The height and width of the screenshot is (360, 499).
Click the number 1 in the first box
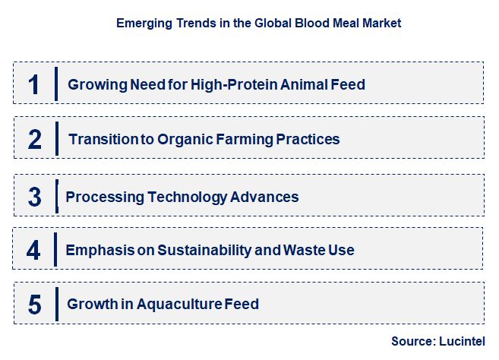point(33,84)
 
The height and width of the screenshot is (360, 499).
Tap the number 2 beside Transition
point(35,140)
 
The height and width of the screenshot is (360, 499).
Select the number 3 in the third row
point(35,197)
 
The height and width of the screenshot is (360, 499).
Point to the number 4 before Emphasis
point(33,250)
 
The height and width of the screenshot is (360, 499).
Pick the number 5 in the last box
point(35,305)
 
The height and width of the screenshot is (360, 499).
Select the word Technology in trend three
point(187,197)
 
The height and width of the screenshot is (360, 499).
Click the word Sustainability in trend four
point(204,250)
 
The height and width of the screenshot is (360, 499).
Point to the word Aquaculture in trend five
point(179,305)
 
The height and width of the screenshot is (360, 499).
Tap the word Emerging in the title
point(144,24)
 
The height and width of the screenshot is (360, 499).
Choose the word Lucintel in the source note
point(462,341)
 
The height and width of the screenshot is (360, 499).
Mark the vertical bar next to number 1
point(56,84)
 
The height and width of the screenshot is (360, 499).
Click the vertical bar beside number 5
point(57,304)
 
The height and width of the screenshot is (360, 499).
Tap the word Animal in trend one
point(304,84)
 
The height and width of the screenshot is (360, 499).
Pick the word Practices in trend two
point(308,140)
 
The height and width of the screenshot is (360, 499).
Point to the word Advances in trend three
point(264,197)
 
